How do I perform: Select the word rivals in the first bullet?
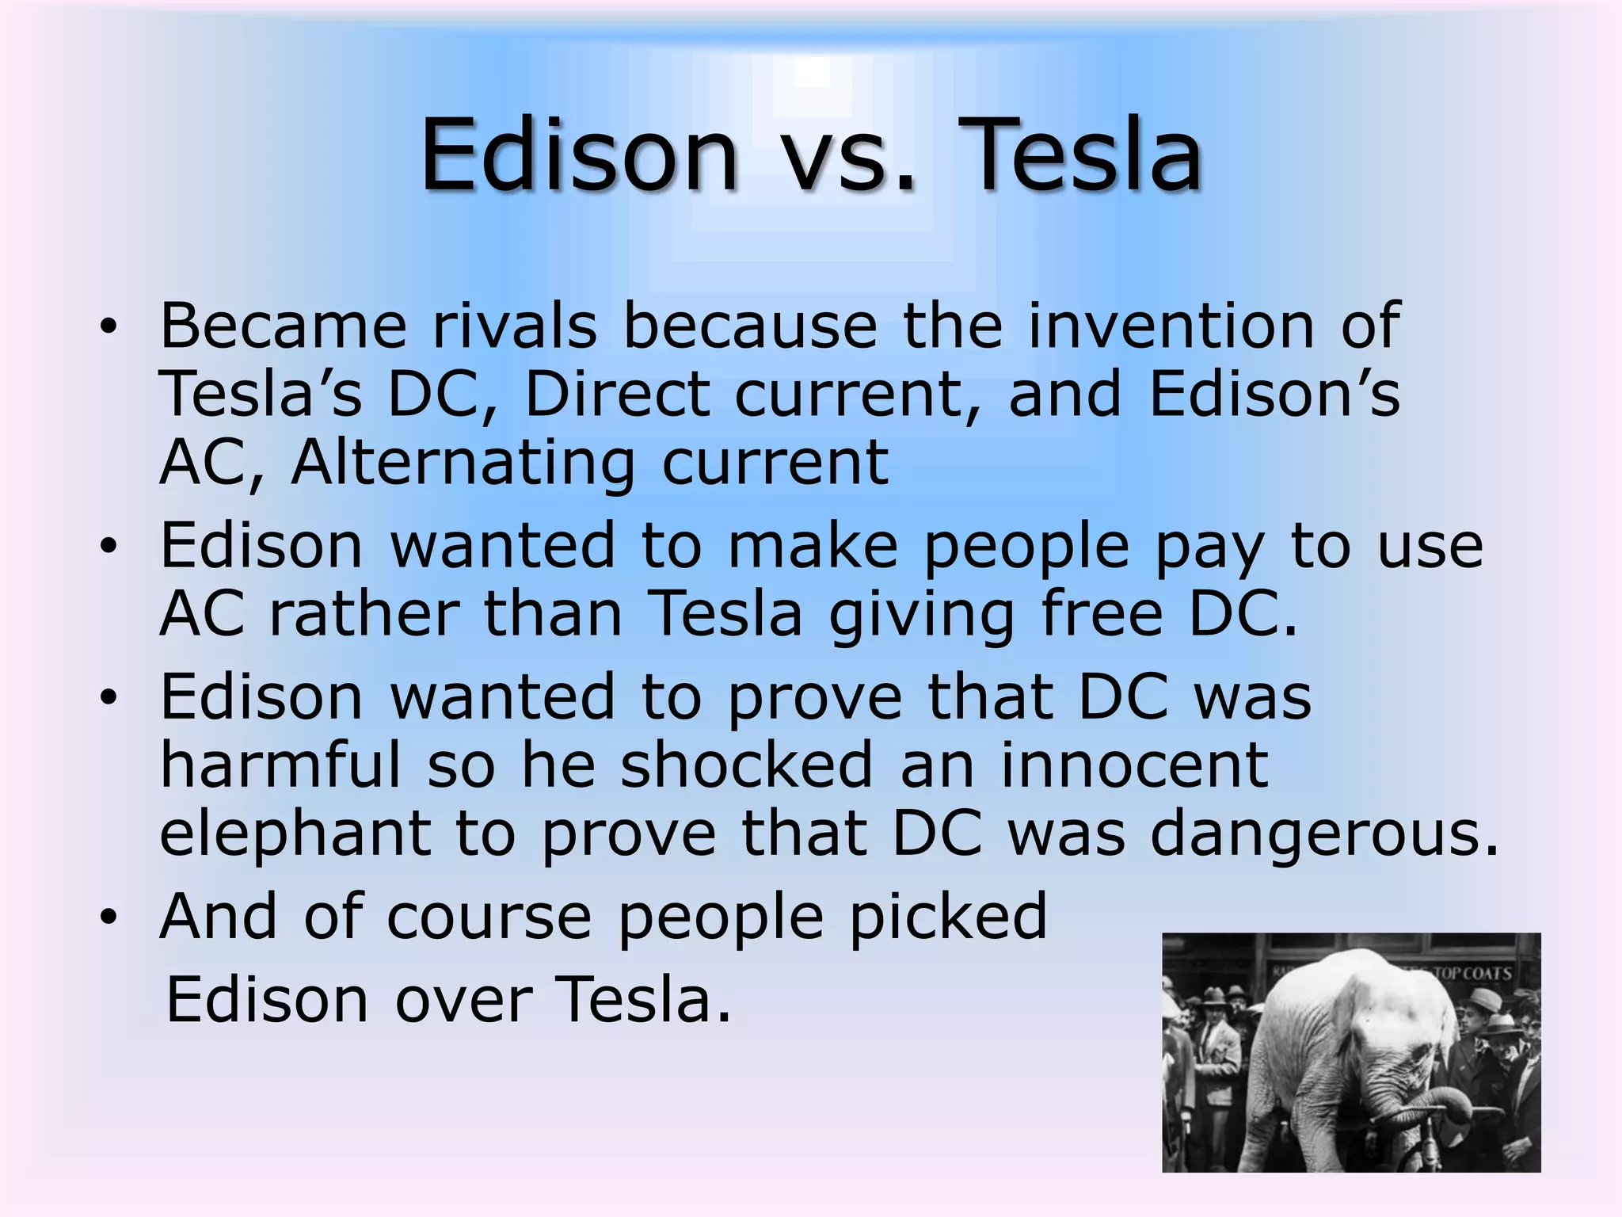click(515, 326)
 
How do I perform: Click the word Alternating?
click(463, 463)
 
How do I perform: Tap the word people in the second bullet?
click(1026, 547)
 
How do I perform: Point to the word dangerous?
click(1324, 836)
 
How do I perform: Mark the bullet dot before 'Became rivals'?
click(109, 326)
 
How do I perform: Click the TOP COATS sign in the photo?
click(1472, 973)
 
